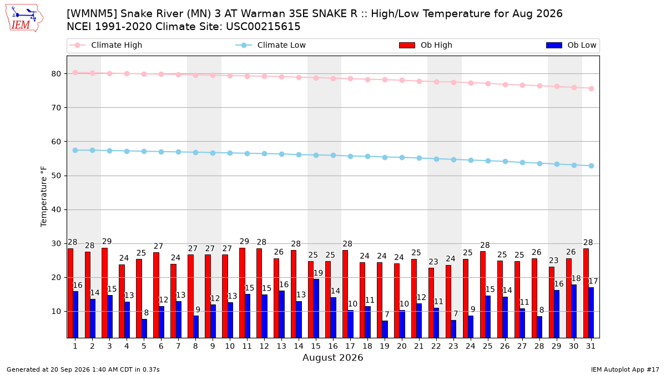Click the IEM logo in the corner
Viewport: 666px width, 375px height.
24,18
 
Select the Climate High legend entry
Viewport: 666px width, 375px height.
106,45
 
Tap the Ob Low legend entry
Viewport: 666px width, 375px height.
571,45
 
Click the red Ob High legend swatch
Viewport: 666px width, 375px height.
407,45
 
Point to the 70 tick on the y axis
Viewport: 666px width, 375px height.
56,108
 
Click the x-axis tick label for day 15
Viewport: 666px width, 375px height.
316,346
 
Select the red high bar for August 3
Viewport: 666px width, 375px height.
105,293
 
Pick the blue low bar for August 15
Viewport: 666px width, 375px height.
316,308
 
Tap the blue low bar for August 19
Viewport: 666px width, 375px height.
385,329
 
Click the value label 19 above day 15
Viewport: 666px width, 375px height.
318,273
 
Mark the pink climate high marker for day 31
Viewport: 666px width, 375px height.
591,89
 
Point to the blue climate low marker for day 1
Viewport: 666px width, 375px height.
75,151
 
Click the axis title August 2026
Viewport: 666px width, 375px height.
332,357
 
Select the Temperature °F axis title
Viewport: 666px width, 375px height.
44,197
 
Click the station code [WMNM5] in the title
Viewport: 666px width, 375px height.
92,14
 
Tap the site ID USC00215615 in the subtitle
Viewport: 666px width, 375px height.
263,27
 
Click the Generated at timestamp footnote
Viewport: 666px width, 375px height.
83,369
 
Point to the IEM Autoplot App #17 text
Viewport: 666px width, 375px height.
625,369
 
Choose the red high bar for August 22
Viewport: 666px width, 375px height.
431,303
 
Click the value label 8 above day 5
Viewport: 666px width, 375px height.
147,313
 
